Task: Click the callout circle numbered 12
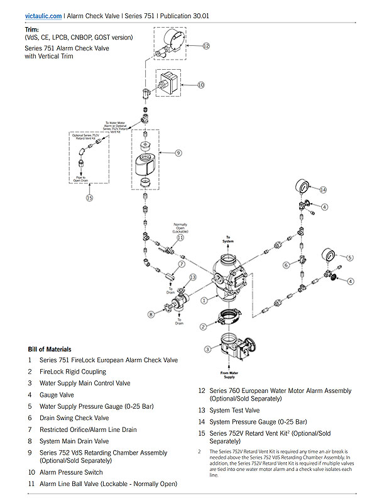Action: [205, 46]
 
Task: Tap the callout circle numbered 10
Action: [201, 84]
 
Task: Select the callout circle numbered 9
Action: [178, 152]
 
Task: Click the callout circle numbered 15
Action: [89, 197]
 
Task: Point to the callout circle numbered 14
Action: [324, 190]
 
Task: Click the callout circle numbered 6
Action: [286, 265]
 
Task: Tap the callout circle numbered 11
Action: [180, 238]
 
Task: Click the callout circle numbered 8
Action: [151, 314]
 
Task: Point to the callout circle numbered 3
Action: [207, 349]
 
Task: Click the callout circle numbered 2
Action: [203, 326]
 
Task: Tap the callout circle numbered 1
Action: [203, 301]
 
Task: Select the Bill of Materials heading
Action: [50, 349]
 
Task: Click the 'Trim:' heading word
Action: [32, 29]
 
